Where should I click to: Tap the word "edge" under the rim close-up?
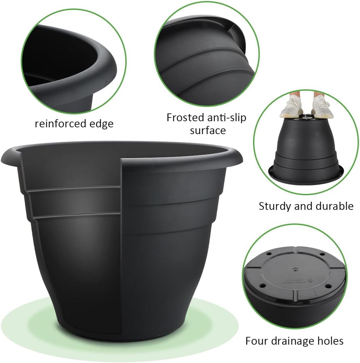(102, 124)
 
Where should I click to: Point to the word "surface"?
(208, 130)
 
